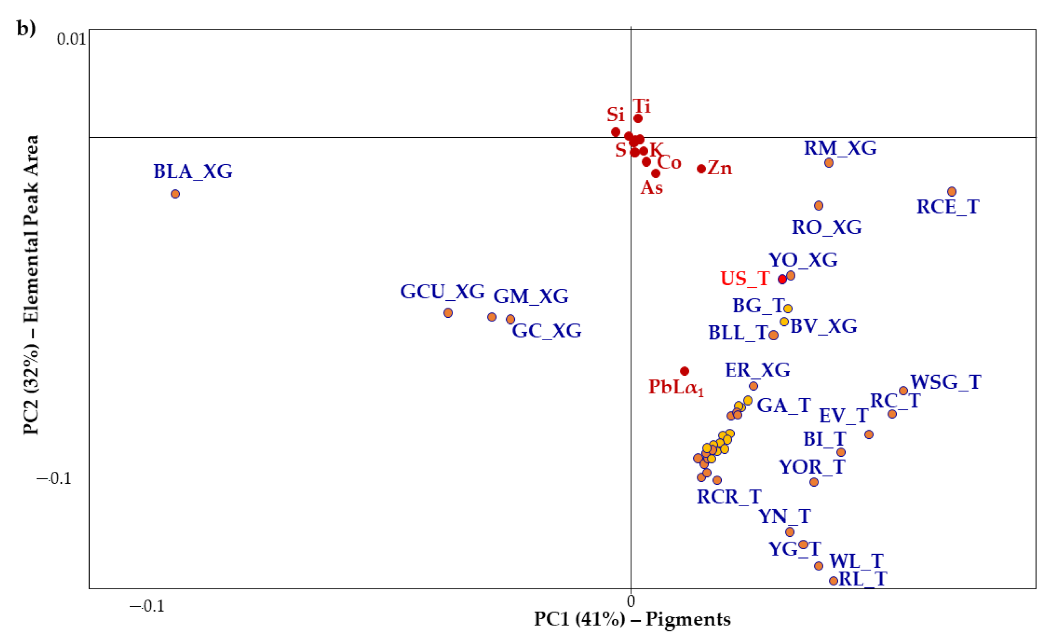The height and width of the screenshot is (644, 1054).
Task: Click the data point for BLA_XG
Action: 175,194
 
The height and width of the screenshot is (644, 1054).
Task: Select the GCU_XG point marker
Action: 448,313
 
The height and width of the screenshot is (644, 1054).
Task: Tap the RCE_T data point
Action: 952,191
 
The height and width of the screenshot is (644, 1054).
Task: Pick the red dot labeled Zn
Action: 701,169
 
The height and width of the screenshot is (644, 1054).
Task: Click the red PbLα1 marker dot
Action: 685,371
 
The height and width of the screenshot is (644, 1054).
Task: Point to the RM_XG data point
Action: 829,162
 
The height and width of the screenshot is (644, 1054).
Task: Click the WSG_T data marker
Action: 903,391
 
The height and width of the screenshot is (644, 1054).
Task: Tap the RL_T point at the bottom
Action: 833,581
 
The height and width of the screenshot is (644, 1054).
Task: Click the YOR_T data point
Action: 814,482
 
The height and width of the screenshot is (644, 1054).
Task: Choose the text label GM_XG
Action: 531,296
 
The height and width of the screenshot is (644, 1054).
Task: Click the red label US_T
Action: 745,279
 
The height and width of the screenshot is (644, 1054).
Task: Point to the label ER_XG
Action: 758,370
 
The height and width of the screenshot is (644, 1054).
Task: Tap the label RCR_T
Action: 729,497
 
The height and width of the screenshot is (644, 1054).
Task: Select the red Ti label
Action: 642,106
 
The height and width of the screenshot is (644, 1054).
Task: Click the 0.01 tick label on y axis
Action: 72,39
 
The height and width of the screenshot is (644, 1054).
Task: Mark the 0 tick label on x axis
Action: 631,601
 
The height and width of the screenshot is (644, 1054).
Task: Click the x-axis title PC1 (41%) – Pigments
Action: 632,619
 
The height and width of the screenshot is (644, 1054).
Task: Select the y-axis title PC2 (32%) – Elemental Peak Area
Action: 31,284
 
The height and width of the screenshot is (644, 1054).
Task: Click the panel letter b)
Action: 26,28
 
